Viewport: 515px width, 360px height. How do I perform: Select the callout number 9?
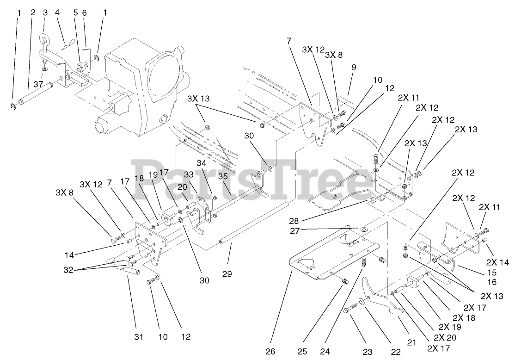click(354, 67)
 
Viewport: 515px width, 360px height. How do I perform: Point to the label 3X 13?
click(198, 99)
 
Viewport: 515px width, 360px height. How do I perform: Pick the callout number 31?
click(139, 337)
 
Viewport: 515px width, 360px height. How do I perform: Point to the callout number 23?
click(368, 352)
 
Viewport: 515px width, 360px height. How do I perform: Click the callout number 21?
click(412, 342)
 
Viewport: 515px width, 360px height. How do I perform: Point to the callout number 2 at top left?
click(33, 13)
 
